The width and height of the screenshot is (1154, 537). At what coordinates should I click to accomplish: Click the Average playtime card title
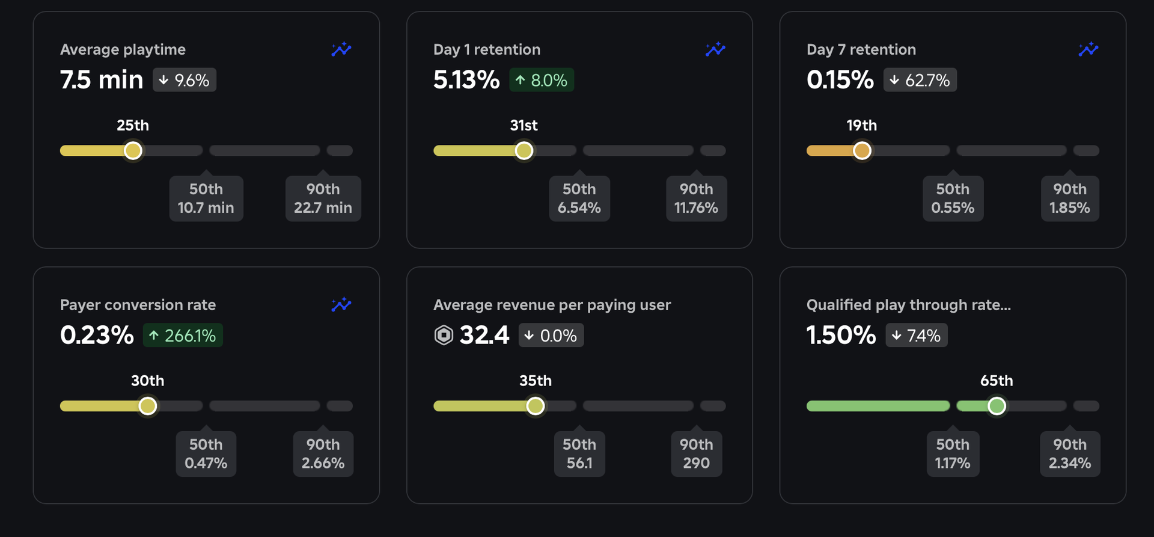point(123,49)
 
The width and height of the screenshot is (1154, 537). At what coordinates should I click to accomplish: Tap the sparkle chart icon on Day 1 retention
point(715,49)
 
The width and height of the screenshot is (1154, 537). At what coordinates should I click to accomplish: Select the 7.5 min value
point(102,80)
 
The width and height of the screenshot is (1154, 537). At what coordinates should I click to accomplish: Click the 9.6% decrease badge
point(185,80)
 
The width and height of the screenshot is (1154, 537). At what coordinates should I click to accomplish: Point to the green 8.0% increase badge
point(542,80)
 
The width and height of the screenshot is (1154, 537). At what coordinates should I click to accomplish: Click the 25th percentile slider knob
point(133,150)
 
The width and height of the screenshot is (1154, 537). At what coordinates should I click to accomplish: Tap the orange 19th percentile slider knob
point(862,150)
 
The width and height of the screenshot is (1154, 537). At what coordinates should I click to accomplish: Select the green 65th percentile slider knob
point(997,406)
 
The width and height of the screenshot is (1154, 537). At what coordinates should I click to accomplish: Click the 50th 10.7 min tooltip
point(206,198)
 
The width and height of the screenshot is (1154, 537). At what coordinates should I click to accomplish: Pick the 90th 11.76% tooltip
point(696,198)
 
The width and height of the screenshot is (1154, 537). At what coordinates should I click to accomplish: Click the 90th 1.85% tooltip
point(1070,198)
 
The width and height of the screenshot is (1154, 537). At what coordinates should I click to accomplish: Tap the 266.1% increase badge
point(183,336)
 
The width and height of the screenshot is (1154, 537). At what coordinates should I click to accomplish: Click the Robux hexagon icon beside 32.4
point(444,336)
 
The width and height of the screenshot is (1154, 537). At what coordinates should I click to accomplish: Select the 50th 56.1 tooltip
point(579,454)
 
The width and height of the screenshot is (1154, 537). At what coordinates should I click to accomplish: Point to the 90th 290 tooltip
point(696,454)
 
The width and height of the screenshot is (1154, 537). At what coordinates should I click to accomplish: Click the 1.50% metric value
point(841,336)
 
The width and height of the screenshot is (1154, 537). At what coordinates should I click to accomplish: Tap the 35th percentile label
point(536,381)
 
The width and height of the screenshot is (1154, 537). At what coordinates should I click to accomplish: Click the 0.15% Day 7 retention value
point(840,80)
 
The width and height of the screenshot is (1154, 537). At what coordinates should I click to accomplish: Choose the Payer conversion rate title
point(138,305)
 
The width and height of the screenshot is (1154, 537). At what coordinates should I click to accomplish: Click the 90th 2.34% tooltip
point(1070,454)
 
